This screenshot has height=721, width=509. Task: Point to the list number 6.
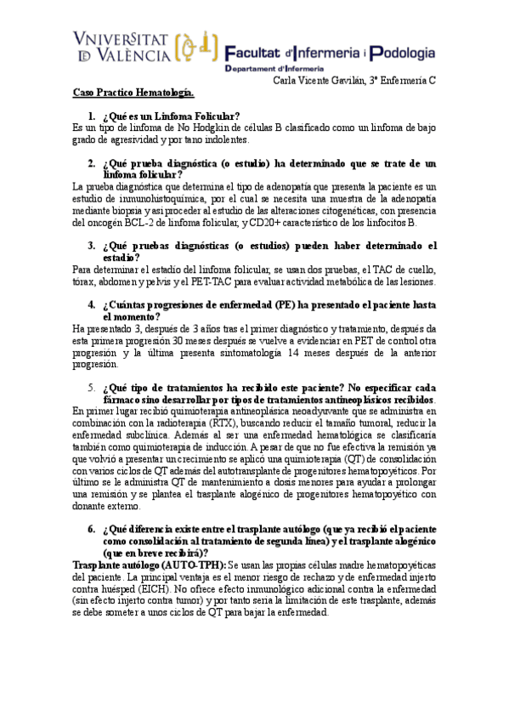pyautogui.click(x=91, y=528)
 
